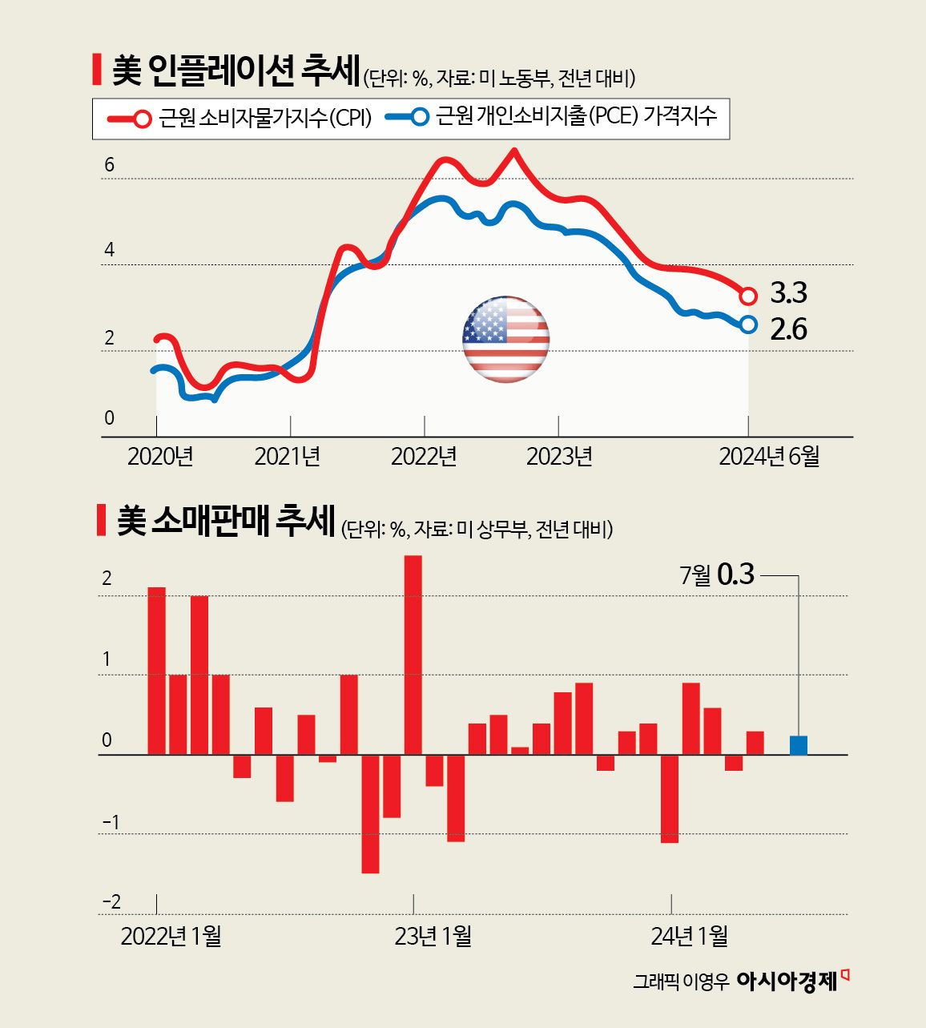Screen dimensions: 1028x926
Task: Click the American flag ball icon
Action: (505, 339)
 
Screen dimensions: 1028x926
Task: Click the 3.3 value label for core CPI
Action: (788, 293)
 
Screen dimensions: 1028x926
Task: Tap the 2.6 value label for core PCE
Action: (788, 329)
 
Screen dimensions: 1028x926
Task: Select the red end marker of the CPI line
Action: (748, 296)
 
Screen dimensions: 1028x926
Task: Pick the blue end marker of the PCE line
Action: (748, 325)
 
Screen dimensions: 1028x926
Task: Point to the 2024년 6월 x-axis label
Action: (769, 457)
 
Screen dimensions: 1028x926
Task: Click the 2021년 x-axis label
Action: (288, 457)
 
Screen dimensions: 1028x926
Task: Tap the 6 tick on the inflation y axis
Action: (110, 165)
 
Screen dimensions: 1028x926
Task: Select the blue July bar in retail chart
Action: (798, 745)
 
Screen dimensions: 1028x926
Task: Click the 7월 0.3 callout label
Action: (717, 574)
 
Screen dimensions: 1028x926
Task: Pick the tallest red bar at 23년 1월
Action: (413, 655)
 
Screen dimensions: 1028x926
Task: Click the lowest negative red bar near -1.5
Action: (370, 813)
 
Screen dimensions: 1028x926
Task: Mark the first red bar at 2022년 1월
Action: (157, 671)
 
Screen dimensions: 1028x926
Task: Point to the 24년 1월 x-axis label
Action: (689, 936)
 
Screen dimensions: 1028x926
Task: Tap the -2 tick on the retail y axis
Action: (111, 902)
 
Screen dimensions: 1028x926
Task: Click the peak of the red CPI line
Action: (514, 151)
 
